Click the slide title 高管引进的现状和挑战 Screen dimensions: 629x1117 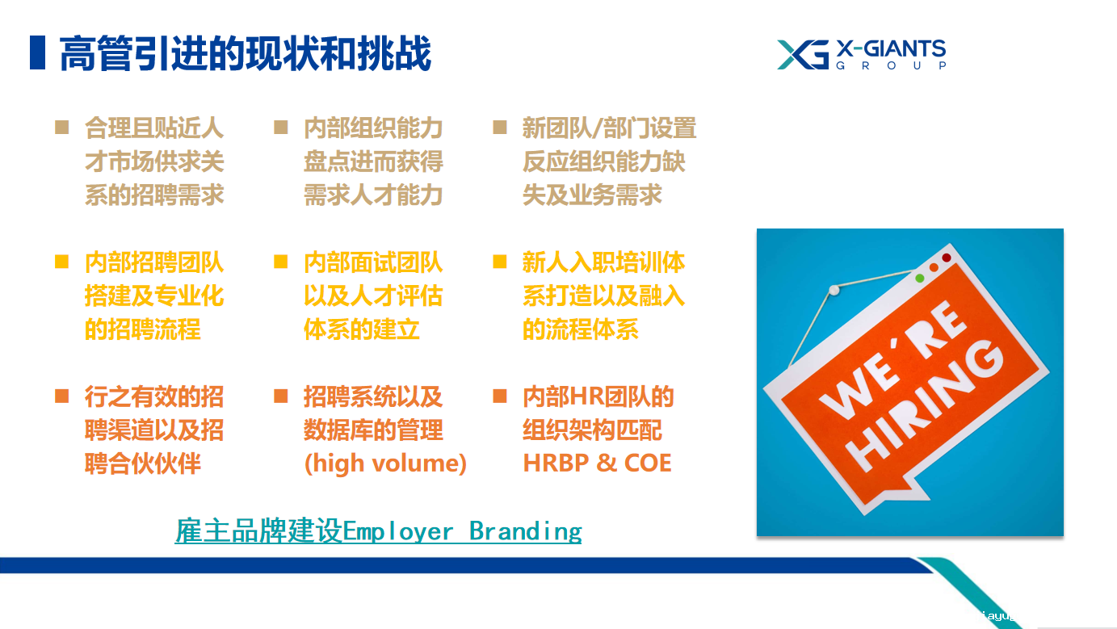click(x=245, y=53)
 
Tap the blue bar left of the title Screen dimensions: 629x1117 click(x=37, y=52)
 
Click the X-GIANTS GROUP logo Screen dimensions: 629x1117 click(x=861, y=55)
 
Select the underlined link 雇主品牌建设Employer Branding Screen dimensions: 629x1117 click(x=378, y=531)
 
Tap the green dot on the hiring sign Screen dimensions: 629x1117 click(x=919, y=278)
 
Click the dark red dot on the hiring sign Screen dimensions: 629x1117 click(x=946, y=258)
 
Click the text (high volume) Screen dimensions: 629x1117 click(x=384, y=463)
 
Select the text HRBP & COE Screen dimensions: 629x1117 click(x=597, y=463)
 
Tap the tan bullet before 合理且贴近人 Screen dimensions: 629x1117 click(x=62, y=128)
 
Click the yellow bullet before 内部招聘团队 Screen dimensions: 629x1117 click(x=62, y=262)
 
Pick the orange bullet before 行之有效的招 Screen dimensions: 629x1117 click(x=62, y=396)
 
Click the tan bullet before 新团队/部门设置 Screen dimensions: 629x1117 click(x=500, y=128)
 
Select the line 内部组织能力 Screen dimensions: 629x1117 click(x=373, y=128)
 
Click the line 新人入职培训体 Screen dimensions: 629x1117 click(x=603, y=262)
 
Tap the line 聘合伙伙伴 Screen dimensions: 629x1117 click(x=143, y=463)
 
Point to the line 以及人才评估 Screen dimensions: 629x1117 click(x=373, y=296)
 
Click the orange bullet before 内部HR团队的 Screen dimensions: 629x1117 click(x=500, y=396)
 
